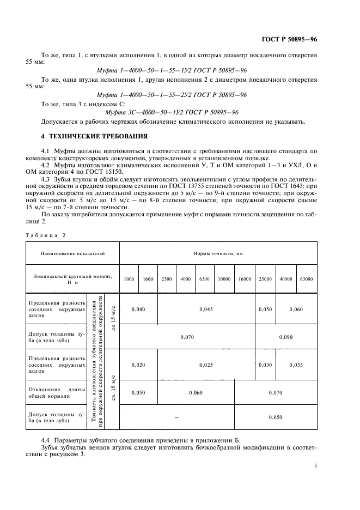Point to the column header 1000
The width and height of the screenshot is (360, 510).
[x=129, y=278]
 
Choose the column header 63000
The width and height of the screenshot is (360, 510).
[x=307, y=278]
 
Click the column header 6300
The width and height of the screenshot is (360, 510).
[x=204, y=278]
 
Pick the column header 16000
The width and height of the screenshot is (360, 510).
[x=245, y=278]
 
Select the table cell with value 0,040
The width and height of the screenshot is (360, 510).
[x=138, y=309]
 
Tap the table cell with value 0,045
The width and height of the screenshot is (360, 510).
[x=206, y=309]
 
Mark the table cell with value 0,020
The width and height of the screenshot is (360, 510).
[x=138, y=365]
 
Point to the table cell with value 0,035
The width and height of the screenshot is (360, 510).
[x=296, y=365]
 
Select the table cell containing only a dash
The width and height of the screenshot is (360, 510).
[x=176, y=417]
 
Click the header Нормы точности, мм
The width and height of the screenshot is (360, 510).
[x=218, y=253]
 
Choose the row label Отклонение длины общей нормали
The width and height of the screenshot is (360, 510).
[x=57, y=392]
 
